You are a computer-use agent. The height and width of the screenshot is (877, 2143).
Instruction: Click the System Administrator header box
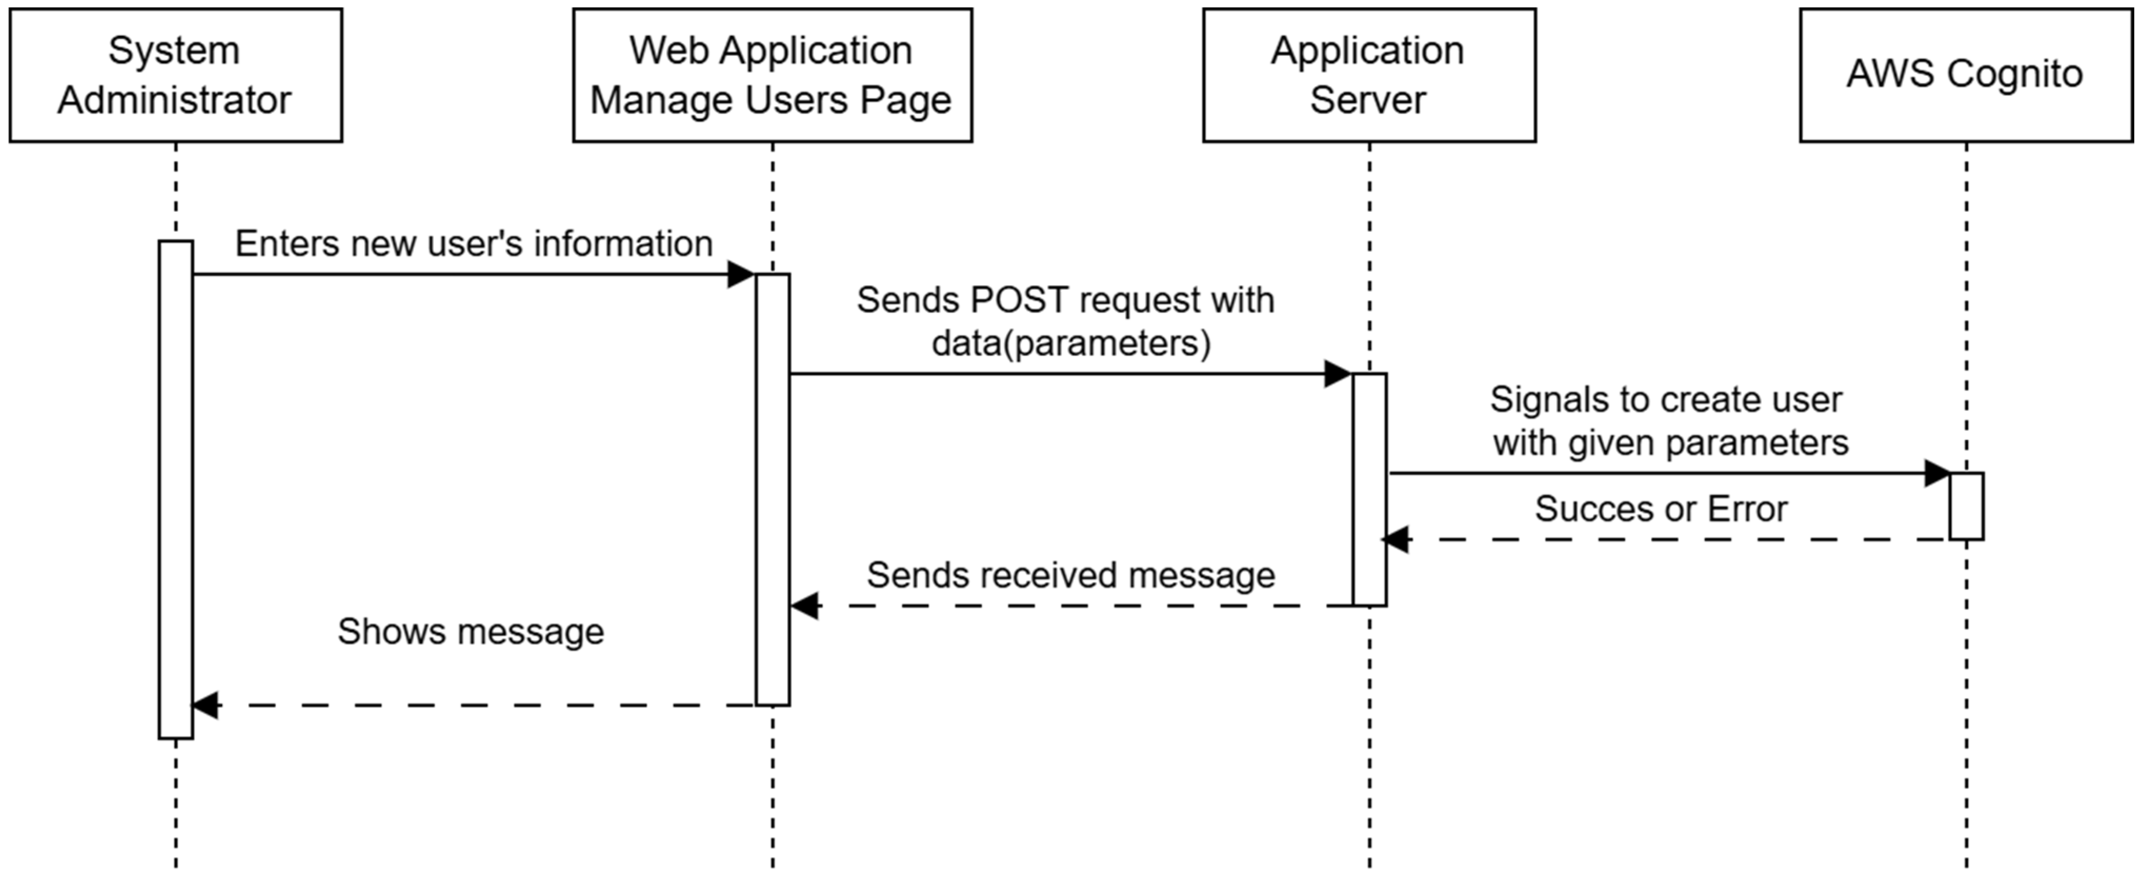176,75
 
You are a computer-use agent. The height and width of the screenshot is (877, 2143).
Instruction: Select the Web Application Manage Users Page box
772,75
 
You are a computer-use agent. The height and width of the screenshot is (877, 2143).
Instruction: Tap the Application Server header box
1369,75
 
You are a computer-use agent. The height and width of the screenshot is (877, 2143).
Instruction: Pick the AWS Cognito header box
1966,75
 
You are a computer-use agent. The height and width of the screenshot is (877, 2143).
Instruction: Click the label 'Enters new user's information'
474,244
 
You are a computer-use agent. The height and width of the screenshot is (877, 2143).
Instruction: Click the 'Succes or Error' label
1661,509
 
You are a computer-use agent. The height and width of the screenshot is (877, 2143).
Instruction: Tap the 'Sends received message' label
1071,575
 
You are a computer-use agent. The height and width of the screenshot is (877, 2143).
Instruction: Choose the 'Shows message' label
471,632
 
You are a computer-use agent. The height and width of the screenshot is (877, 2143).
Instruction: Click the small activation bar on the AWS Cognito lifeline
1966,506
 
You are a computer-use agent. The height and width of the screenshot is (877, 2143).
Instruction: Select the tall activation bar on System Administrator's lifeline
176,489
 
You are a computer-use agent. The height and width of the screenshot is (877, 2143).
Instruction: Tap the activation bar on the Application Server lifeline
1370,489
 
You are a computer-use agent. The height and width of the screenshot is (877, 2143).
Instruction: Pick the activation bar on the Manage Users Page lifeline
772,489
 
